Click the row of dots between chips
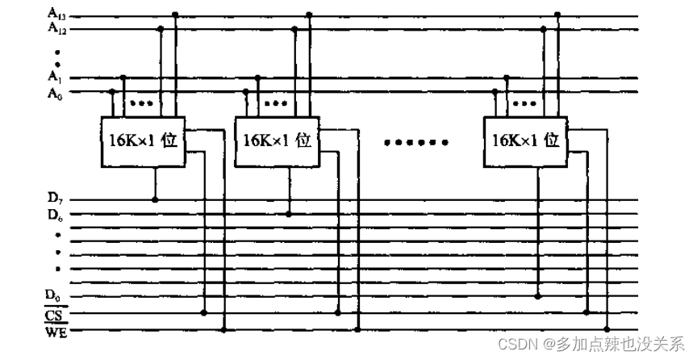point(416,143)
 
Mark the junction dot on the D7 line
point(154,198)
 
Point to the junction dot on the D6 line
point(289,214)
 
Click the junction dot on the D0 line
point(536,296)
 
